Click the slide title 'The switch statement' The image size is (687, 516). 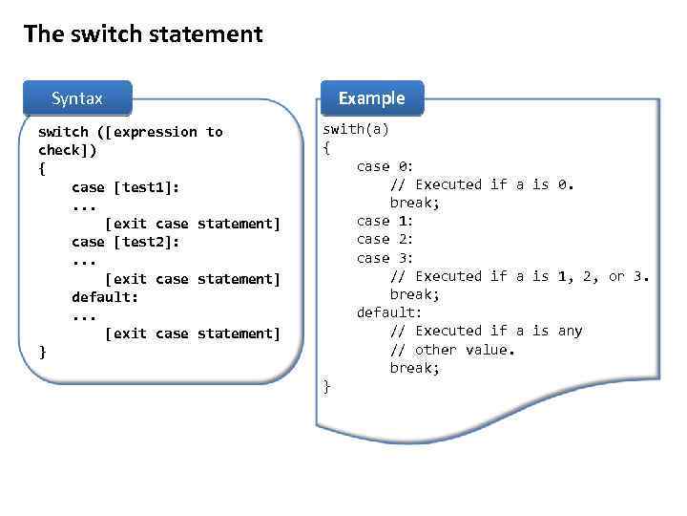143,35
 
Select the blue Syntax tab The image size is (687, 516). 77,98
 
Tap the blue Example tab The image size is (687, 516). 371,97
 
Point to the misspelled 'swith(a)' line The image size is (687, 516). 356,129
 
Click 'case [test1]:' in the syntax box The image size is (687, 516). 125,187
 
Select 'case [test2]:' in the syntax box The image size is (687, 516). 125,242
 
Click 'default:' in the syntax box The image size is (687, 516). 105,296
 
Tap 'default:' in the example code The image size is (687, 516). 389,312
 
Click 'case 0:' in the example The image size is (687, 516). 385,166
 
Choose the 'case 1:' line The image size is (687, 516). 385,221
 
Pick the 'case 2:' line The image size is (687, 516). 385,239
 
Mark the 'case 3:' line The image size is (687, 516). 385,257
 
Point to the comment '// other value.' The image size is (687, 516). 452,350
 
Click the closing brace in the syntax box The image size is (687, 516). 42,352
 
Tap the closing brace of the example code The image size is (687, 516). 327,386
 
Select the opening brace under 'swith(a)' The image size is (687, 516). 327,148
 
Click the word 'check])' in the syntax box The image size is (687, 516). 67,150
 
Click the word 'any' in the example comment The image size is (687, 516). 570,331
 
